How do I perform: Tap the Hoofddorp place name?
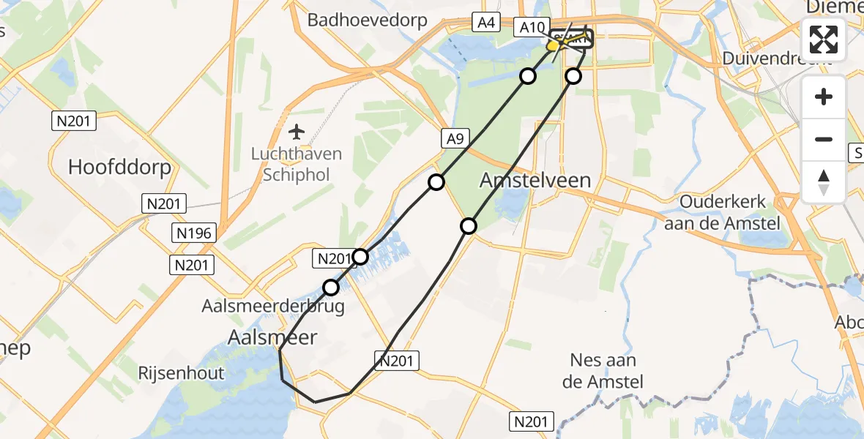119,167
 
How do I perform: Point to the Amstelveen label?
535,180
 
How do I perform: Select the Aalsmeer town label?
273,337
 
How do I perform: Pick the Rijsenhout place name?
181,373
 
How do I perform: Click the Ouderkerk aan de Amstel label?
722,212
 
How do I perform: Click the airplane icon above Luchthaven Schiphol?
297,132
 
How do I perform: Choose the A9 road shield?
454,137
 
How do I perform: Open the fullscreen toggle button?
824,40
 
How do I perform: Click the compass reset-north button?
824,182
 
